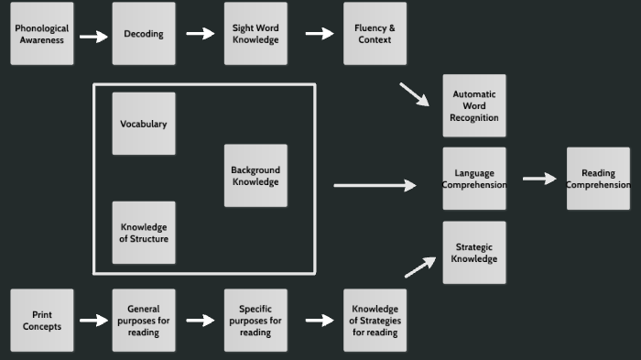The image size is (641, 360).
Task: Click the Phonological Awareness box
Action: click(x=41, y=34)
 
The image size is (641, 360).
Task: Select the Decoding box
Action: click(x=144, y=34)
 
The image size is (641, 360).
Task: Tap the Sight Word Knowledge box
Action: click(x=255, y=34)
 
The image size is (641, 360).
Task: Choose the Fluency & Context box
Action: click(x=375, y=34)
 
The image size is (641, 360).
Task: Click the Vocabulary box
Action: click(x=144, y=124)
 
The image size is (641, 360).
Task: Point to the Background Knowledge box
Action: click(x=255, y=176)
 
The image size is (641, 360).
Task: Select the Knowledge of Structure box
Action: click(x=144, y=233)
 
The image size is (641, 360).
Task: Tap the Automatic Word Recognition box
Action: click(x=474, y=105)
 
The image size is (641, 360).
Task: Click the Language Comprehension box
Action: click(x=474, y=179)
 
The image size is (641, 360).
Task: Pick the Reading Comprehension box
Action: click(x=598, y=179)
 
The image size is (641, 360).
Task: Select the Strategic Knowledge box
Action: click(x=474, y=253)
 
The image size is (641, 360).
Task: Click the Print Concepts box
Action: click(x=41, y=321)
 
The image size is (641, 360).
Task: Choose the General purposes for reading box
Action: click(x=144, y=321)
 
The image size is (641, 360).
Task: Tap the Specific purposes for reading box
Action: click(x=255, y=321)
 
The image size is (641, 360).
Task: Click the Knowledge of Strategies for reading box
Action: click(x=375, y=321)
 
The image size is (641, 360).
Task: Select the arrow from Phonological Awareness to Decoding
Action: click(x=93, y=37)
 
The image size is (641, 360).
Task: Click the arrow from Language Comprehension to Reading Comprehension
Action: click(x=539, y=179)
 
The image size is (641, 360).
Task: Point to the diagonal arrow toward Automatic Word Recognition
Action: click(x=414, y=94)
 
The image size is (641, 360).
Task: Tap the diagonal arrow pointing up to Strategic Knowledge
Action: click(x=420, y=267)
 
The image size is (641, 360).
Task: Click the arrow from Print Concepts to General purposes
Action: click(x=93, y=321)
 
